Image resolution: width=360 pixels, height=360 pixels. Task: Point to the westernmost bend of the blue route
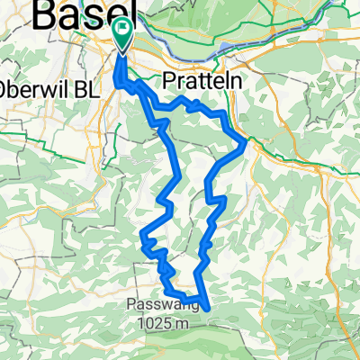point(141,239)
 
